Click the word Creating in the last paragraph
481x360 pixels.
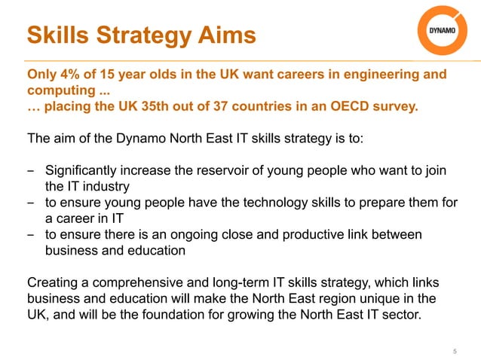tap(54, 283)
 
